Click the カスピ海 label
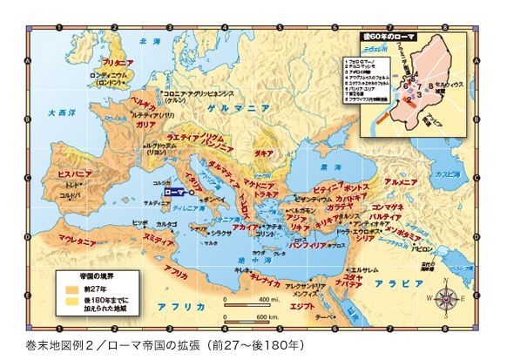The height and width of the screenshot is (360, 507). click(456, 173)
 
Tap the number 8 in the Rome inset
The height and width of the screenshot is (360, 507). click(430, 85)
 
